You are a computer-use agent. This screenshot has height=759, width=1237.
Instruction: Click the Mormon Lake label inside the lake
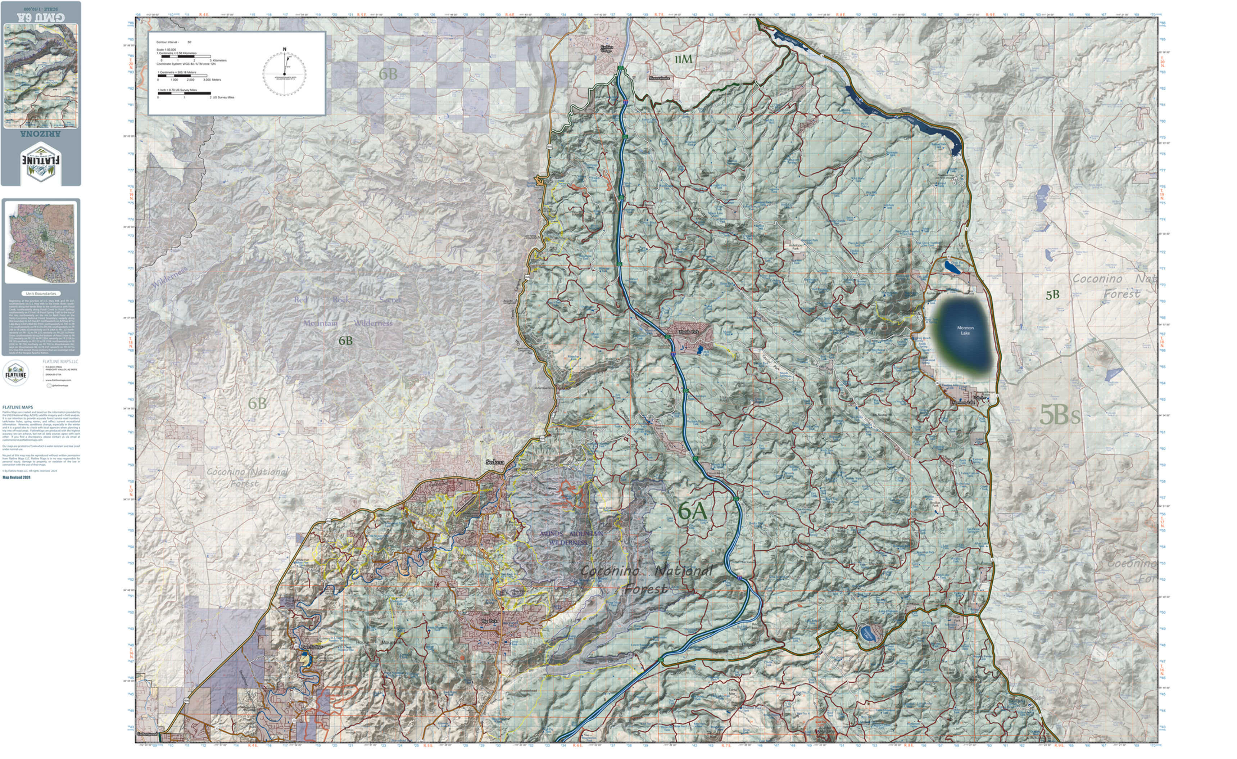point(965,330)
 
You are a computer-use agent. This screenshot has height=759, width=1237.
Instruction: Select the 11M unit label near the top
point(683,59)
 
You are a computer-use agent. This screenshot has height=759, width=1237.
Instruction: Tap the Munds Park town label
point(688,332)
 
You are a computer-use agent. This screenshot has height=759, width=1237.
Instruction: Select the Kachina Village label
point(607,49)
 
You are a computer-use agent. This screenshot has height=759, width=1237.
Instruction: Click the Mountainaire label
point(659,78)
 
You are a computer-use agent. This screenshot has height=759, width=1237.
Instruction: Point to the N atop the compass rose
point(284,49)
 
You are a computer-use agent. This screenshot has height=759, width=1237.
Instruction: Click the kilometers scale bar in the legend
point(186,57)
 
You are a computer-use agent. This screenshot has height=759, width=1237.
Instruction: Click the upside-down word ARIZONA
point(41,134)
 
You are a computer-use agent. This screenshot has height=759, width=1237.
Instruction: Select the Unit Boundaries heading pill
point(41,293)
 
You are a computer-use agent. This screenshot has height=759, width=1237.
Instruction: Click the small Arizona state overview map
point(41,243)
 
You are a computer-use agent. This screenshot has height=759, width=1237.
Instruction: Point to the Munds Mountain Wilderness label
point(571,538)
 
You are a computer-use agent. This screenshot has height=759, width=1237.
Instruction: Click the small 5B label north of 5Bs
point(1052,295)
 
